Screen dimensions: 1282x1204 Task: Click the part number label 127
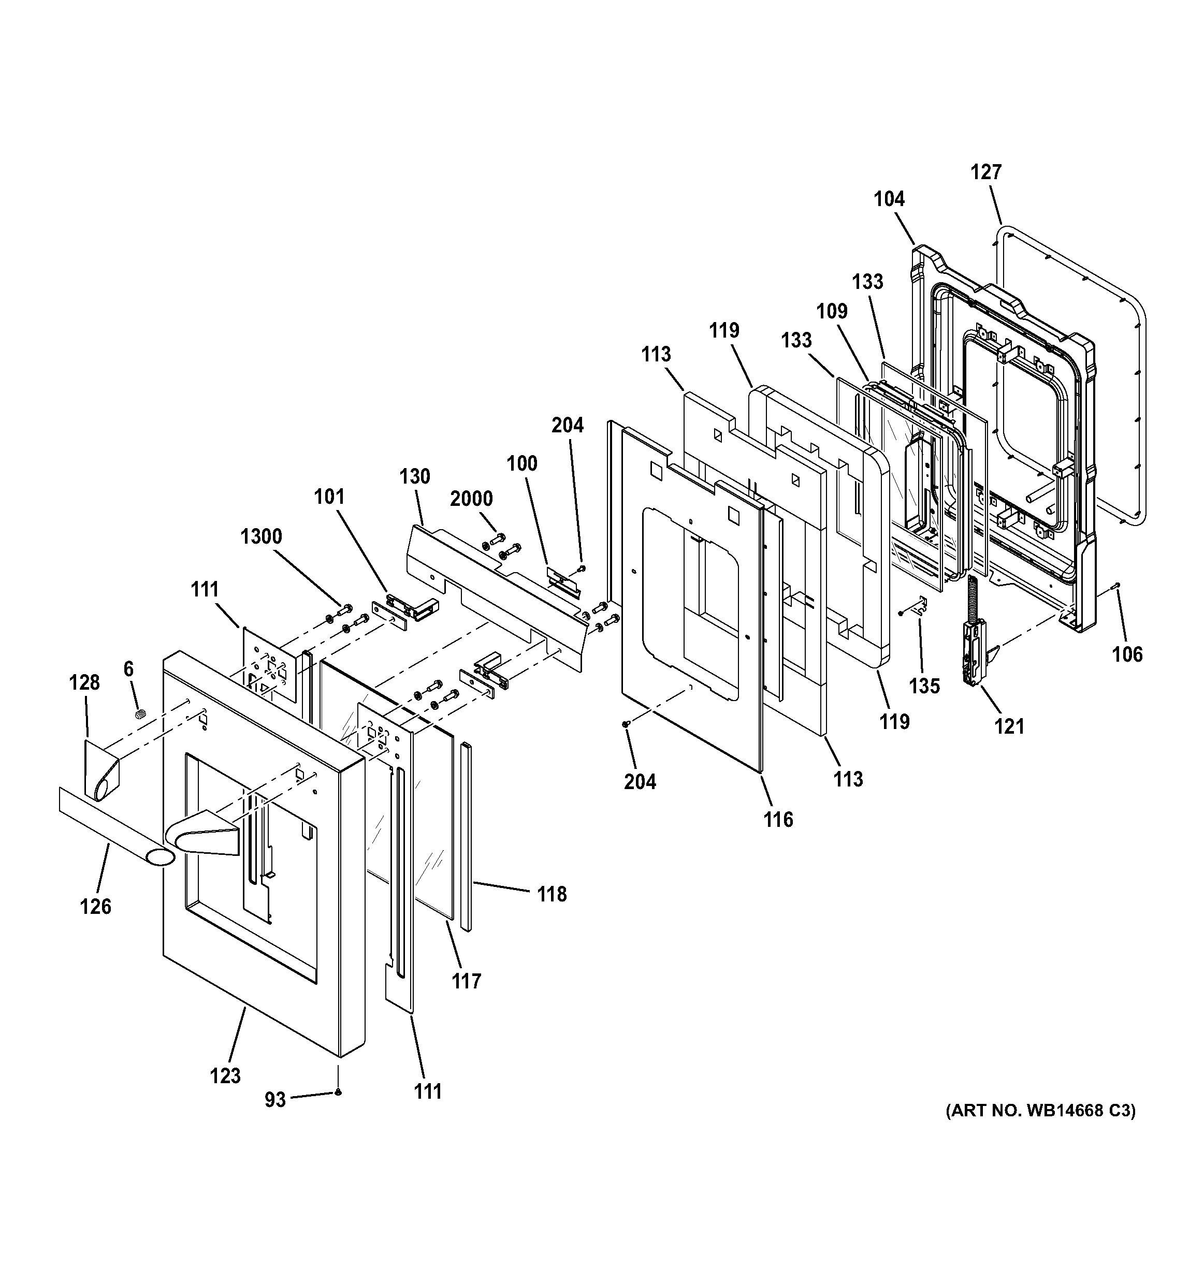tap(986, 172)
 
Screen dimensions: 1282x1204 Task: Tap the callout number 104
tap(889, 199)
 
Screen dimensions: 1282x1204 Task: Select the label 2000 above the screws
tap(471, 499)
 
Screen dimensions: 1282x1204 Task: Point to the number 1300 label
tap(261, 536)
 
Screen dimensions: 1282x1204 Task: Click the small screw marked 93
tap(338, 1092)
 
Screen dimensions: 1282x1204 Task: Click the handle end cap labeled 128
tap(102, 769)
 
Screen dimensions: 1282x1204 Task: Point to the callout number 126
tap(95, 907)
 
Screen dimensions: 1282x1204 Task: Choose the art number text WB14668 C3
tap(1040, 1111)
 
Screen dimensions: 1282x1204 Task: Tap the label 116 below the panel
tap(778, 820)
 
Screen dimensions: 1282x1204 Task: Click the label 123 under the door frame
tap(225, 1075)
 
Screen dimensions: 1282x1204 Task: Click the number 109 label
tap(831, 312)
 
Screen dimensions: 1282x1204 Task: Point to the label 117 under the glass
tap(466, 982)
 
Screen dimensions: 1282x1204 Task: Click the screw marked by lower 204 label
tap(625, 725)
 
